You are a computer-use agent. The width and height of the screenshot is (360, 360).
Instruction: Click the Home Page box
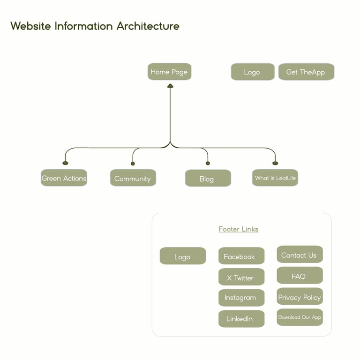pyautogui.click(x=169, y=72)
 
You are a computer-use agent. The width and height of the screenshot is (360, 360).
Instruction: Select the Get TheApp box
pyautogui.click(x=306, y=72)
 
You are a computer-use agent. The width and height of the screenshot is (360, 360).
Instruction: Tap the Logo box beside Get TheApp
pyautogui.click(x=252, y=72)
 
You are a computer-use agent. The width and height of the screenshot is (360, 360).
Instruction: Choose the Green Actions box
pyautogui.click(x=64, y=178)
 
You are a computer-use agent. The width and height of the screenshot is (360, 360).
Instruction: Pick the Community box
pyautogui.click(x=133, y=178)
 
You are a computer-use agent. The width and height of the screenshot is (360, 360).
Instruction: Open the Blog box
pyautogui.click(x=208, y=179)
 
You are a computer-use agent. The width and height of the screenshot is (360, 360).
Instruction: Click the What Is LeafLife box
pyautogui.click(x=275, y=178)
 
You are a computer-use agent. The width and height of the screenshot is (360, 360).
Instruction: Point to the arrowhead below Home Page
pyautogui.click(x=170, y=86)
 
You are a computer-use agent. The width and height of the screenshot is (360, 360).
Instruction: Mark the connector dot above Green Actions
pyautogui.click(x=65, y=163)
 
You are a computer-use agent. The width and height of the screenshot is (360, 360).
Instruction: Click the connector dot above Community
pyautogui.click(x=133, y=164)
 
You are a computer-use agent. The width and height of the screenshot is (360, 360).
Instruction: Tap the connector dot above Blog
pyautogui.click(x=208, y=164)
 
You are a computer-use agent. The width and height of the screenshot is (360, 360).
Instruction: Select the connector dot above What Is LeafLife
pyautogui.click(x=275, y=163)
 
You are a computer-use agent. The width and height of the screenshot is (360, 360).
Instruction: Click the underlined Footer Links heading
pyautogui.click(x=238, y=229)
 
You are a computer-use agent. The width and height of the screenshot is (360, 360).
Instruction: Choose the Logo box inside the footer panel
pyautogui.click(x=182, y=256)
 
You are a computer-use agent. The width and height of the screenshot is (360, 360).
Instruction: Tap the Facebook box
pyautogui.click(x=241, y=256)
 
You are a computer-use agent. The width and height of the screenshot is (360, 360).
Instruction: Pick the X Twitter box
pyautogui.click(x=241, y=277)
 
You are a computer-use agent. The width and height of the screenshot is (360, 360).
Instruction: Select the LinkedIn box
pyautogui.click(x=241, y=319)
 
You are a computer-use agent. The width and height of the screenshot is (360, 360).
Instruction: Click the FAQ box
pyautogui.click(x=299, y=276)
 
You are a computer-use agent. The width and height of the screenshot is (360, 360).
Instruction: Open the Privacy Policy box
pyautogui.click(x=299, y=297)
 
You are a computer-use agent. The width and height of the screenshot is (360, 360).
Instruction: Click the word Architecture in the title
pyautogui.click(x=148, y=26)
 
